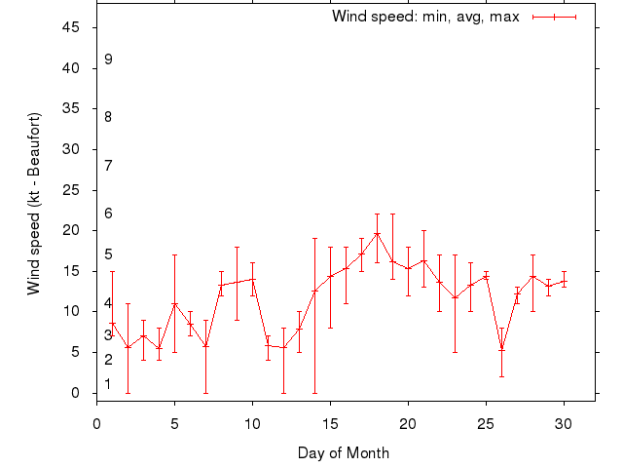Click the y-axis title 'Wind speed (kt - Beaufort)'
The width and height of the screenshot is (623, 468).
pyautogui.click(x=34, y=204)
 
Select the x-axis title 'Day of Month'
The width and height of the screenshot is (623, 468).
pyautogui.click(x=344, y=452)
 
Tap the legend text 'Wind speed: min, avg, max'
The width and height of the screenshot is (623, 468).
pyautogui.click(x=425, y=17)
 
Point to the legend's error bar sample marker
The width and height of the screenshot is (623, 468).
pyautogui.click(x=555, y=17)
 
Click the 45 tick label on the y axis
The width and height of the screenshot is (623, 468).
pyautogui.click(x=71, y=27)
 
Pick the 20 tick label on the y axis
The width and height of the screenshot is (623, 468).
pyautogui.click(x=71, y=230)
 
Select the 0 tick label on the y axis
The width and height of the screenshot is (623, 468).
pyautogui.click(x=75, y=393)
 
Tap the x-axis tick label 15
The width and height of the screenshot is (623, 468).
pyautogui.click(x=330, y=423)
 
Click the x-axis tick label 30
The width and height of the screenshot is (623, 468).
pyautogui.click(x=564, y=423)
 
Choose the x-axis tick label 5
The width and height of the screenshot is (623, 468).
pyautogui.click(x=174, y=423)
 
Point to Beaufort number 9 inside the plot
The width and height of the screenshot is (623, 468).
pyautogui.click(x=109, y=59)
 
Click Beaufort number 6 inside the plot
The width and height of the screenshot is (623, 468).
pyautogui.click(x=109, y=214)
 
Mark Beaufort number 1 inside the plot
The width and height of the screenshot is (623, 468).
pyautogui.click(x=109, y=384)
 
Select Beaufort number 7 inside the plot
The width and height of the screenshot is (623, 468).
pyautogui.click(x=109, y=165)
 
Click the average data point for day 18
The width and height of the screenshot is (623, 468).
pyautogui.click(x=377, y=233)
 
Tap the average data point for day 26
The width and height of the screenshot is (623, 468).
pyautogui.click(x=501, y=348)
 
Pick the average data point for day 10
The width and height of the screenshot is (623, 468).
pyautogui.click(x=252, y=279)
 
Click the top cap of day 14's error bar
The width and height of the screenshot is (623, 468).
pyautogui.click(x=314, y=238)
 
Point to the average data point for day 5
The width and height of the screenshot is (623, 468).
pyautogui.click(x=174, y=304)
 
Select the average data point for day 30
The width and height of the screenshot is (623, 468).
pyautogui.click(x=564, y=281)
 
